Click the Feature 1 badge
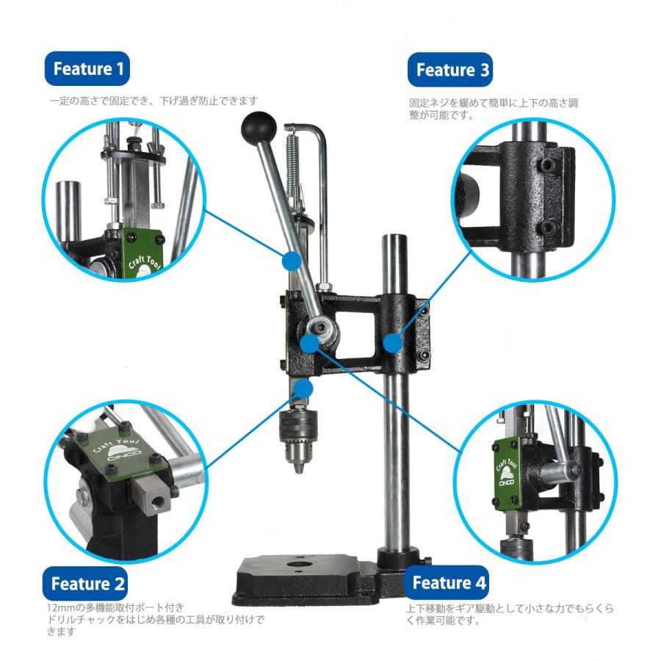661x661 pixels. pos(87,69)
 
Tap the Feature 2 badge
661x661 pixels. pos(84,584)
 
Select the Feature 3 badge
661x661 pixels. pos(450,70)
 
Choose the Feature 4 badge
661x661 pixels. pos(447,582)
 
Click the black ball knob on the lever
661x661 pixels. pos(259,128)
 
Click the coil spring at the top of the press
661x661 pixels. pos(292,169)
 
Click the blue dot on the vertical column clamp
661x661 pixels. pos(394,343)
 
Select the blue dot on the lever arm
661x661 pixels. pos(292,261)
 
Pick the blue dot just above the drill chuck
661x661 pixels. pos(303,388)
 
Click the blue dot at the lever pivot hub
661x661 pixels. pos(310,343)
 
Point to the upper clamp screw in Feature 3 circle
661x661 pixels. pos(548,165)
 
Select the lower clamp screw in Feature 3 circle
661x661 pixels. pos(549,228)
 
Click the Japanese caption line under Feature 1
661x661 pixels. pos(154,101)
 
